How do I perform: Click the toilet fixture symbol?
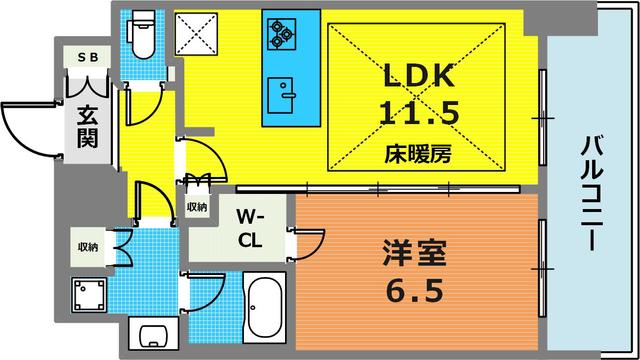pyautogui.click(x=142, y=34)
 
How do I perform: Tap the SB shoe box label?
pyautogui.click(x=88, y=58)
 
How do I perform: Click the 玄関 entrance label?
pyautogui.click(x=88, y=126)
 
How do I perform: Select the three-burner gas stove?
pyautogui.click(x=282, y=34)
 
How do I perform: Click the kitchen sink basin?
pyautogui.click(x=280, y=95)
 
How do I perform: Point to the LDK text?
pyautogui.click(x=419, y=75)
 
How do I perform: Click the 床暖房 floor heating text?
pyautogui.click(x=418, y=154)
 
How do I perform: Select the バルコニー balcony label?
pyautogui.click(x=592, y=193)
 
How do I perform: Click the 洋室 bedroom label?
pyautogui.click(x=415, y=253)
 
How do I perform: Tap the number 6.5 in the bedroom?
pyautogui.click(x=415, y=291)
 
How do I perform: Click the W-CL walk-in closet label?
pyautogui.click(x=250, y=229)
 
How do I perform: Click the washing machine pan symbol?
pyautogui.click(x=89, y=295)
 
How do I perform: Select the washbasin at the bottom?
pyautogui.click(x=153, y=333)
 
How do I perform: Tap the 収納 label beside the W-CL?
pyautogui.click(x=197, y=207)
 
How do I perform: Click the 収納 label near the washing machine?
pyautogui.click(x=88, y=247)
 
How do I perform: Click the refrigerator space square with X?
pyautogui.click(x=196, y=33)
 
